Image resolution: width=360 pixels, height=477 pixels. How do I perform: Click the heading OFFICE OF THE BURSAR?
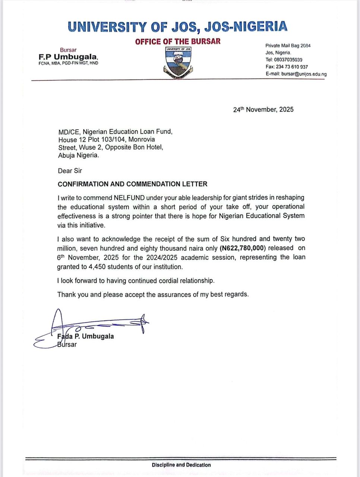pyautogui.click(x=178, y=41)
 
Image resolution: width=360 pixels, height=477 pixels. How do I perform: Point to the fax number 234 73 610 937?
pyautogui.click(x=292, y=67)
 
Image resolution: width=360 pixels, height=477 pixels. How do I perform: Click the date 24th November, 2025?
pyautogui.click(x=263, y=110)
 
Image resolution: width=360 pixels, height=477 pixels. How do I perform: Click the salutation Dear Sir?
pyautogui.click(x=70, y=171)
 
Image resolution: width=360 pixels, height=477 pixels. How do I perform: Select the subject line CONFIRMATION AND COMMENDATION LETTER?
pyautogui.click(x=132, y=184)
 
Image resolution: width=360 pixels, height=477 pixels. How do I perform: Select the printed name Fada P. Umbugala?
pyautogui.click(x=86, y=336)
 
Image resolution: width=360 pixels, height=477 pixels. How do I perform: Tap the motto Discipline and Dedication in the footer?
pyautogui.click(x=181, y=465)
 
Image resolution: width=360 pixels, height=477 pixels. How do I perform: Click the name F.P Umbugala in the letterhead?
pyautogui.click(x=68, y=57)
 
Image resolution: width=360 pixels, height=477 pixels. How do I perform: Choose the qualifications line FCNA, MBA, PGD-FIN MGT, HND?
pyautogui.click(x=68, y=63)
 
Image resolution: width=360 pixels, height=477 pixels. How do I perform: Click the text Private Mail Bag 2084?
pyautogui.click(x=288, y=46)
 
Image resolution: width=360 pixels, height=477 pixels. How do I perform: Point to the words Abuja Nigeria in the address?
pyautogui.click(x=79, y=156)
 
